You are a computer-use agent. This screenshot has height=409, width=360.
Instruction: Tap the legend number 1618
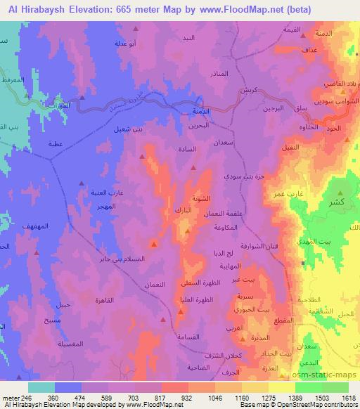(x=350, y=398)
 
